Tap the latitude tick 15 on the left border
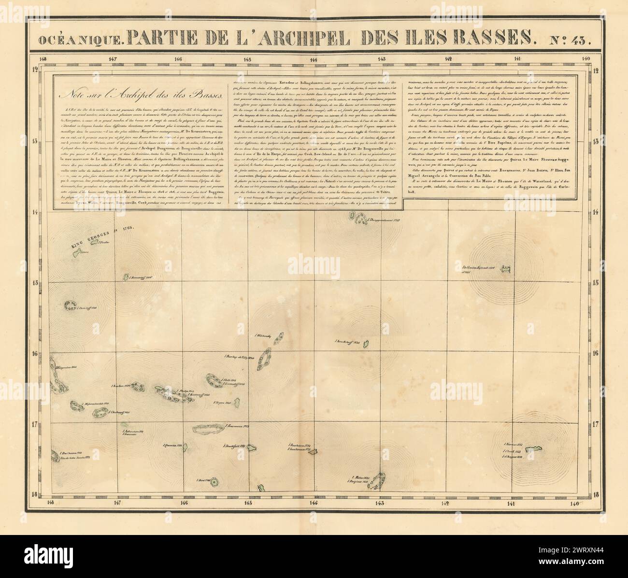click(35, 283)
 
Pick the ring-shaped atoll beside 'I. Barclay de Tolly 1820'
click(264, 359)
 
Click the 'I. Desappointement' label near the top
click(385, 220)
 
